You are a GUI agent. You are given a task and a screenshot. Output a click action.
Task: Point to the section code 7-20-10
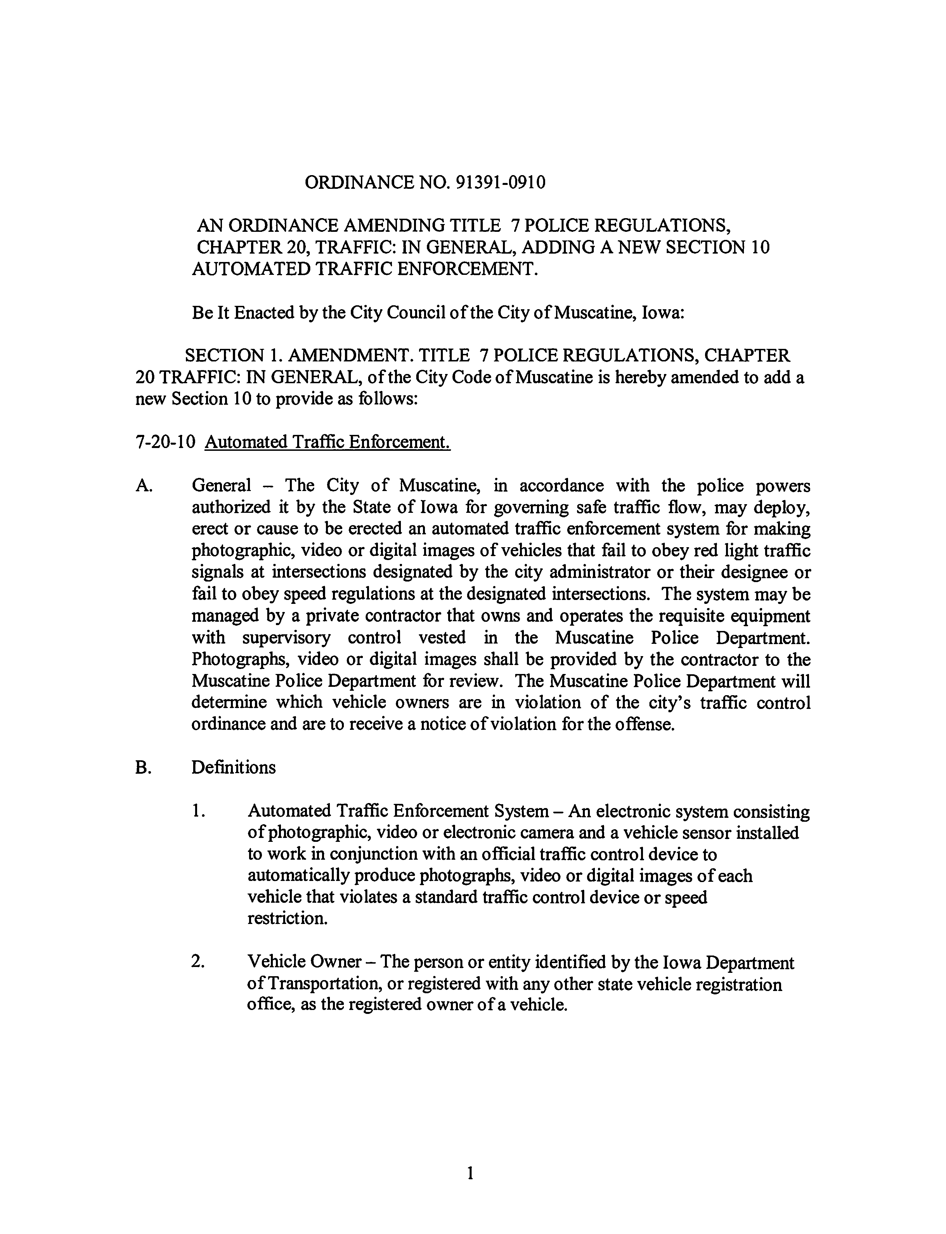coord(165,442)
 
